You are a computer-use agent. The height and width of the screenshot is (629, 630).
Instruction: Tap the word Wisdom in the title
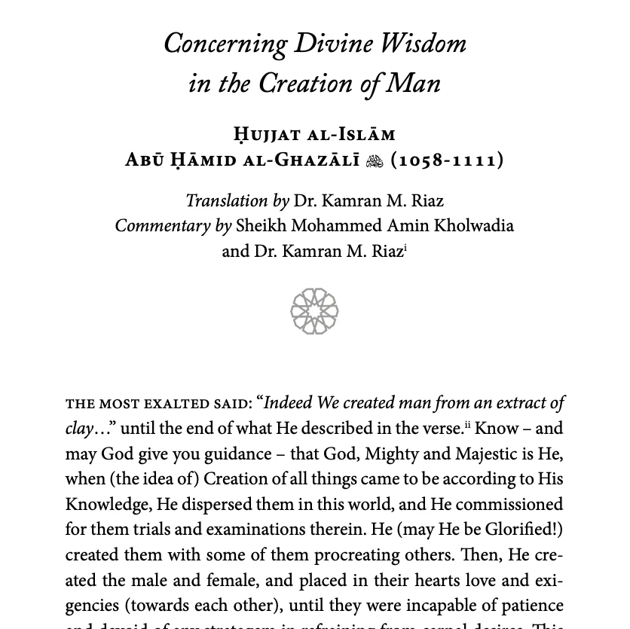424,44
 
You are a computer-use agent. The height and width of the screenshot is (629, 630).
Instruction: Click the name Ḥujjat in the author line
270,135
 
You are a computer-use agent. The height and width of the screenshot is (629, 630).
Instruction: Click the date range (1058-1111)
448,160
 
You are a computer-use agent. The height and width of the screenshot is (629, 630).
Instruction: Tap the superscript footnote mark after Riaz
405,246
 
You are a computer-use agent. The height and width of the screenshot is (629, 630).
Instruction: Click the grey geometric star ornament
314,311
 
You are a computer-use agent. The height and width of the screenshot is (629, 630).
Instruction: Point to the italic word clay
78,429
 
